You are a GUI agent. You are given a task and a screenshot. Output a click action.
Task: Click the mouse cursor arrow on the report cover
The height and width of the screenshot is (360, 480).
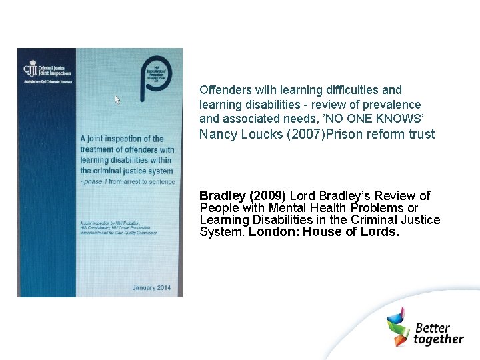tap(117, 99)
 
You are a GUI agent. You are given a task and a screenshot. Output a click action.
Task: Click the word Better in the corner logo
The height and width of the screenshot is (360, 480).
tap(433, 327)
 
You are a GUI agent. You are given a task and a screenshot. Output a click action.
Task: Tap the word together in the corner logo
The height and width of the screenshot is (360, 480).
tap(438, 339)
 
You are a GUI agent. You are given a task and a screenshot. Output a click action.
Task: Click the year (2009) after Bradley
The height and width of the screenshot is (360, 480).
tap(267, 195)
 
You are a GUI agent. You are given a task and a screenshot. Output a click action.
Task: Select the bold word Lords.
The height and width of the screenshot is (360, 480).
tap(380, 232)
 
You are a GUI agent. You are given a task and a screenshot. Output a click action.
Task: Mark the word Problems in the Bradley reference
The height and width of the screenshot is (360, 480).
tap(378, 208)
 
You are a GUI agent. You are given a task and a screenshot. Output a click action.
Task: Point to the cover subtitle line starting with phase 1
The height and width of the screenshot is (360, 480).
tap(127, 181)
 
